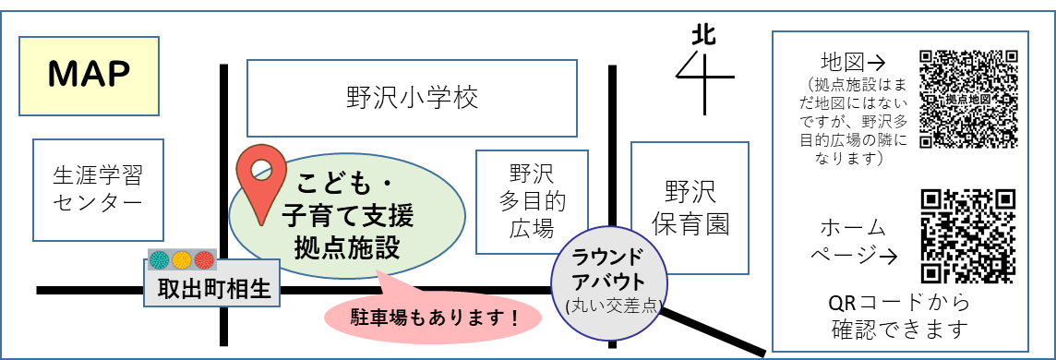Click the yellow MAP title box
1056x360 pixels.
click(90, 75)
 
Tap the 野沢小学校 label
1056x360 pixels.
click(413, 97)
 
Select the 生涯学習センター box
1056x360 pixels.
click(98, 188)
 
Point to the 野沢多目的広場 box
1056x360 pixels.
click(531, 201)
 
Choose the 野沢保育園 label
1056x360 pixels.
click(690, 207)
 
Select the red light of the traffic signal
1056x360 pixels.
click(204, 259)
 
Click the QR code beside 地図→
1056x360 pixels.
click(969, 98)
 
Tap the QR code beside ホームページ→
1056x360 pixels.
click(968, 236)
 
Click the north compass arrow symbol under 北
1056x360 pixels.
click(703, 78)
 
